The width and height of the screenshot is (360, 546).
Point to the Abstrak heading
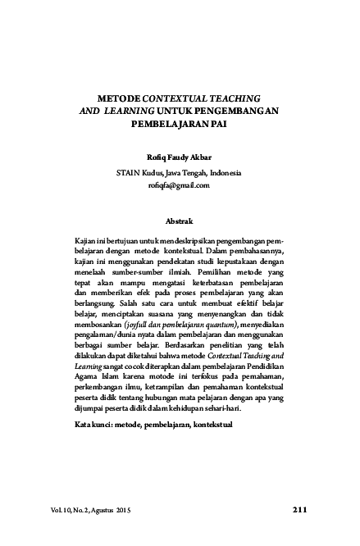pos(180,221)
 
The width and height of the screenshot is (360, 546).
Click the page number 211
pos(298,512)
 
